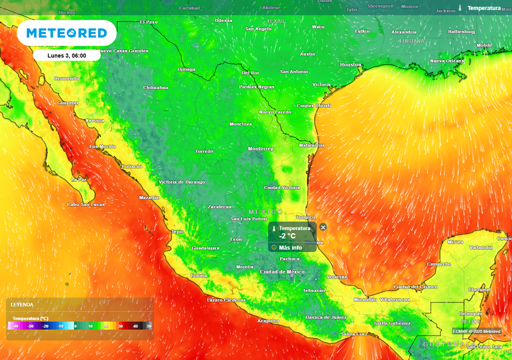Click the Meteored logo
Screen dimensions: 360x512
(66, 33)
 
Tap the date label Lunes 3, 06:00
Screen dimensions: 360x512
(66, 55)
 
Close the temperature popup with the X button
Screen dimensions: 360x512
(323, 227)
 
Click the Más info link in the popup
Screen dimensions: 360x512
(290, 247)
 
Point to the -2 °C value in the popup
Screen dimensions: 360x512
(287, 236)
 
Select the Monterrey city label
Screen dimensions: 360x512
(260, 149)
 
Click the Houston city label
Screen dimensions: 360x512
(350, 65)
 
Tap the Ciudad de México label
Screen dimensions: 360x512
(282, 272)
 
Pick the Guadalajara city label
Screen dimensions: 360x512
(205, 248)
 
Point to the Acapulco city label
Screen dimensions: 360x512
(267, 321)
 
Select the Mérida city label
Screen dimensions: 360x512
(455, 242)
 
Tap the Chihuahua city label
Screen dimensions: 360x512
(155, 87)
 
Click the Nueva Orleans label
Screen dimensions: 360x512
(447, 61)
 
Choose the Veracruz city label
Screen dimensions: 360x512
(336, 276)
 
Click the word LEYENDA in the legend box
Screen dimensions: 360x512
(22, 304)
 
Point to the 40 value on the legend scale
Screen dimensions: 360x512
(135, 326)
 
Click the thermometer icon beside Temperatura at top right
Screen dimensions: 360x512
(459, 8)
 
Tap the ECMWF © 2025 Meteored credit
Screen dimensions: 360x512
(476, 331)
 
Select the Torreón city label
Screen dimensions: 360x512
(204, 151)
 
